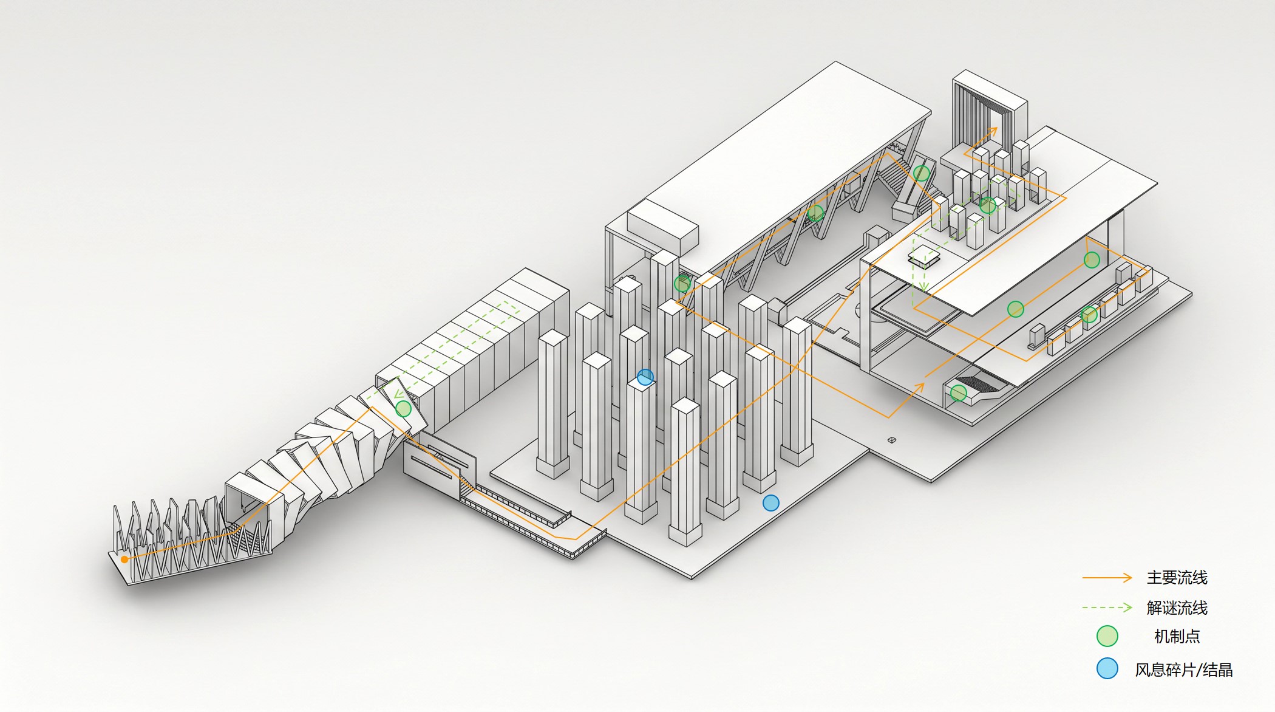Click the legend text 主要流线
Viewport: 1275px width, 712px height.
[x=1177, y=578]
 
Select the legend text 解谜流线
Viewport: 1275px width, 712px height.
[x=1177, y=608]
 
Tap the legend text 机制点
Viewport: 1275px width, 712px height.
[x=1177, y=637]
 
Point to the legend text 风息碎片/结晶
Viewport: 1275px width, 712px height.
[x=1184, y=669]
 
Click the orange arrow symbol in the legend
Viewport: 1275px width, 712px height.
[x=1107, y=578]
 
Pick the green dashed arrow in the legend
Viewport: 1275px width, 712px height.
[x=1107, y=608]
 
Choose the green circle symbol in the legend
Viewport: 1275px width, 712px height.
[x=1107, y=636]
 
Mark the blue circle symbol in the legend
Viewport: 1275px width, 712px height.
[x=1107, y=668]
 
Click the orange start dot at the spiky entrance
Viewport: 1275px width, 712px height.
[x=124, y=559]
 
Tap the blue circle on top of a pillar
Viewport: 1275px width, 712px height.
[x=645, y=377]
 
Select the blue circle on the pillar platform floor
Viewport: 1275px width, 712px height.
[x=771, y=503]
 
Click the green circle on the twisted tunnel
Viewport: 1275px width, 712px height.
[x=403, y=409]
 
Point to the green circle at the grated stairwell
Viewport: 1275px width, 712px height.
[x=959, y=393]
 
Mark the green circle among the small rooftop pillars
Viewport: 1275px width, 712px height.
[x=988, y=205]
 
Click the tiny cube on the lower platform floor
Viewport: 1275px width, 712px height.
[x=891, y=440]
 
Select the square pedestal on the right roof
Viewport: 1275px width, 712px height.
[x=924, y=256]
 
